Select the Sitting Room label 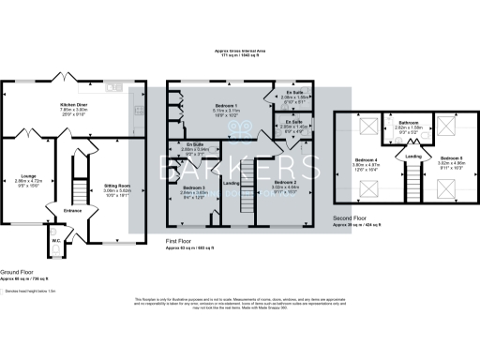tap(117, 186)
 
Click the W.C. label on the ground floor tap(57, 240)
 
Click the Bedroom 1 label tap(226, 105)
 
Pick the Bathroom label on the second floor tap(409, 123)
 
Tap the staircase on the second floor tap(409, 183)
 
